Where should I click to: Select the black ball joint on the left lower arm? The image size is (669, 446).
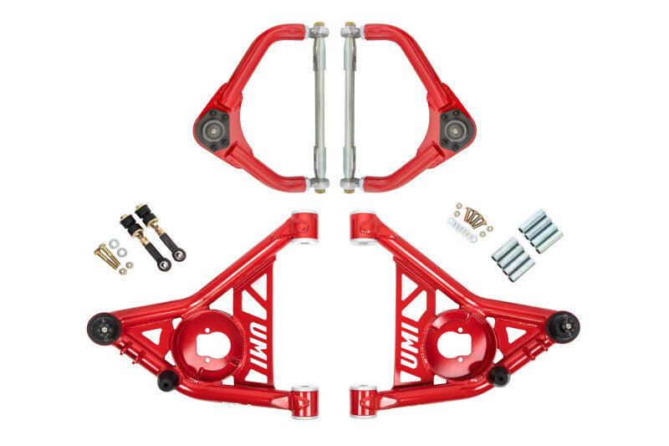point(104,327)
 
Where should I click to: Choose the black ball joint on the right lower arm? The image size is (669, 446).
point(563,326)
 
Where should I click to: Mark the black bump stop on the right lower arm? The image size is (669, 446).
point(498,376)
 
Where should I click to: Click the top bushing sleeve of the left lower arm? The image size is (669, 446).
point(305,228)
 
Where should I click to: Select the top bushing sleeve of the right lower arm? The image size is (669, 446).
point(363,228)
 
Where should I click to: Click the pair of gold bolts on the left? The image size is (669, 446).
point(107,255)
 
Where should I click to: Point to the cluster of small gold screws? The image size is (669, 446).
point(476,218)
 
